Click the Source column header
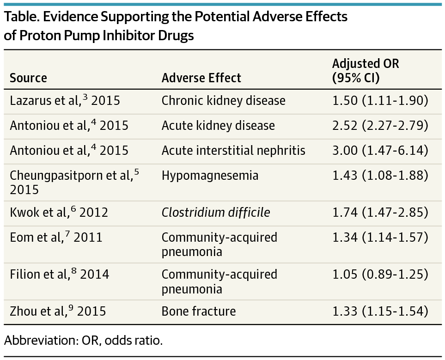28,78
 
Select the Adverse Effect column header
201,78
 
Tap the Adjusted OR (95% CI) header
366,71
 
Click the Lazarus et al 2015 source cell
65,100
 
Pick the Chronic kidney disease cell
223,100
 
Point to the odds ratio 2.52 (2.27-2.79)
380,126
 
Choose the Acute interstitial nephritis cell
233,151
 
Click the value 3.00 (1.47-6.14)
380,151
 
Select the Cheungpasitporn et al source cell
74,182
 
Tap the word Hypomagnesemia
210,176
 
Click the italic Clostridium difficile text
216,213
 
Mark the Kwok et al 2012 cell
59,212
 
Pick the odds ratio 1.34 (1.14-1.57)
380,238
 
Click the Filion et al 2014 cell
60,274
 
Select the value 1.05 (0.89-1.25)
380,274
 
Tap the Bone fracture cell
199,311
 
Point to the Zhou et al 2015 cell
58,311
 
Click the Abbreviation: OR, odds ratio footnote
84,341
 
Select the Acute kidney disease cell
218,126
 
